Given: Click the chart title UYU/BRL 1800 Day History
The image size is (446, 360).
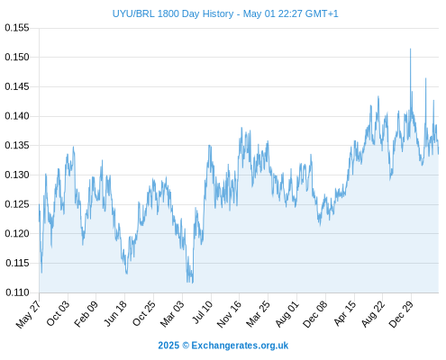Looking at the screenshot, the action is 173,13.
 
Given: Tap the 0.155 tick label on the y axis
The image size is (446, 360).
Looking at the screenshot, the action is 17,28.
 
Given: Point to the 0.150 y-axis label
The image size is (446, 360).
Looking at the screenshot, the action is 17,57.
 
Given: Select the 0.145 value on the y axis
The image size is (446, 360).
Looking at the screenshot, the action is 17,86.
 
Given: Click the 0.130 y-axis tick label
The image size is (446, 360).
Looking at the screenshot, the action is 17,175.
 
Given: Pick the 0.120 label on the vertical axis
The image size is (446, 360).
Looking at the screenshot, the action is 17,234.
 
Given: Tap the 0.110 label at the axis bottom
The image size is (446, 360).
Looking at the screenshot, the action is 17,292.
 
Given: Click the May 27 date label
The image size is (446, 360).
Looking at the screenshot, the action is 28,314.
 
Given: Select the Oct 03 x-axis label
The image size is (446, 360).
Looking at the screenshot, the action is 58,313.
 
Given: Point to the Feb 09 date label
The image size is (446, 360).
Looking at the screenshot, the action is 86,314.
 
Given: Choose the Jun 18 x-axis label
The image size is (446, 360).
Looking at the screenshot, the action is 115,313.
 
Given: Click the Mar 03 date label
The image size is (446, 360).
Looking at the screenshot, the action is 172,314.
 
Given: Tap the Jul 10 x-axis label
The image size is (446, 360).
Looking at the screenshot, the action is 202,312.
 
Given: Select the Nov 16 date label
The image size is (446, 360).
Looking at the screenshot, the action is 229,314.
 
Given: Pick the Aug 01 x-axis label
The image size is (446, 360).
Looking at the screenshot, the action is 287,314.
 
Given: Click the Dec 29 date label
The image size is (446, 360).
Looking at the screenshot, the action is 401,314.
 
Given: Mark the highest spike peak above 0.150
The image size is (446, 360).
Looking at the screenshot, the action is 410,49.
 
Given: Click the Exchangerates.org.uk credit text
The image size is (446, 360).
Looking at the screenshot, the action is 240,346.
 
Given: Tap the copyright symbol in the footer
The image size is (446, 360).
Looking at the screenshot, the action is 186,346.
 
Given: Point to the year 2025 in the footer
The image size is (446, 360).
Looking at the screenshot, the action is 168,346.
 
